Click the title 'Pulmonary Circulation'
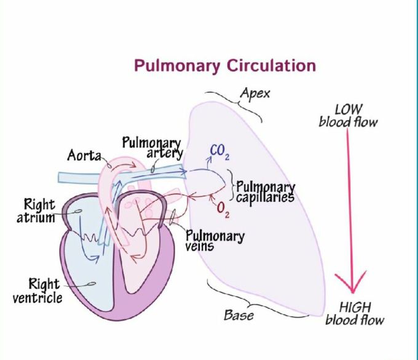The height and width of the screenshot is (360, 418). point(225,65)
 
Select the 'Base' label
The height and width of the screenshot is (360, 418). point(239,316)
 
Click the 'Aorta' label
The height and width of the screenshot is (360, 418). point(84,156)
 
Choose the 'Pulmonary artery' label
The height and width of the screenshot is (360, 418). point(152,148)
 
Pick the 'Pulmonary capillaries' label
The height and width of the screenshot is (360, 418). point(266,192)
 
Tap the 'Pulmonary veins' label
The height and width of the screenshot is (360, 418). point(215,241)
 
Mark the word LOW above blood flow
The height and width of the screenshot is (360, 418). point(349,110)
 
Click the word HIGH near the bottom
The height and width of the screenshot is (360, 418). point(355,307)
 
